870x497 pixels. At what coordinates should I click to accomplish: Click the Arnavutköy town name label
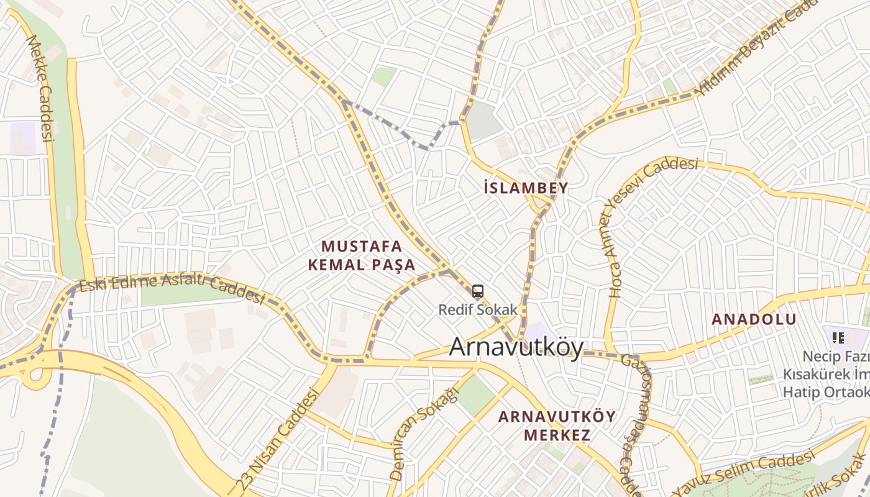[x=516, y=347]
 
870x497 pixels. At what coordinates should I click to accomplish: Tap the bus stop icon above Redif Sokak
[x=477, y=291]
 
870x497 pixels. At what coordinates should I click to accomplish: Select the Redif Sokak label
[x=478, y=309]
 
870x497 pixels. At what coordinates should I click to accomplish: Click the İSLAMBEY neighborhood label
[x=526, y=188]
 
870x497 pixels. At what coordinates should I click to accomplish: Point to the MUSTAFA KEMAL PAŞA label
[x=362, y=255]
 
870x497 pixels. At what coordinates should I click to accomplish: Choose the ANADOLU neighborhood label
[x=754, y=319]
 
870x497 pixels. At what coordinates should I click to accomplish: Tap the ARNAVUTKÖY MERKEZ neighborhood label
[x=557, y=425]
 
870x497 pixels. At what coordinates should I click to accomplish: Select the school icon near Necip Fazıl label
[x=838, y=338]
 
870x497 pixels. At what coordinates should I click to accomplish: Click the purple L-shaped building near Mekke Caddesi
[x=22, y=138]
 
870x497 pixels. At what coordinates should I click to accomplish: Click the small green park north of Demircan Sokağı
[x=475, y=395]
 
